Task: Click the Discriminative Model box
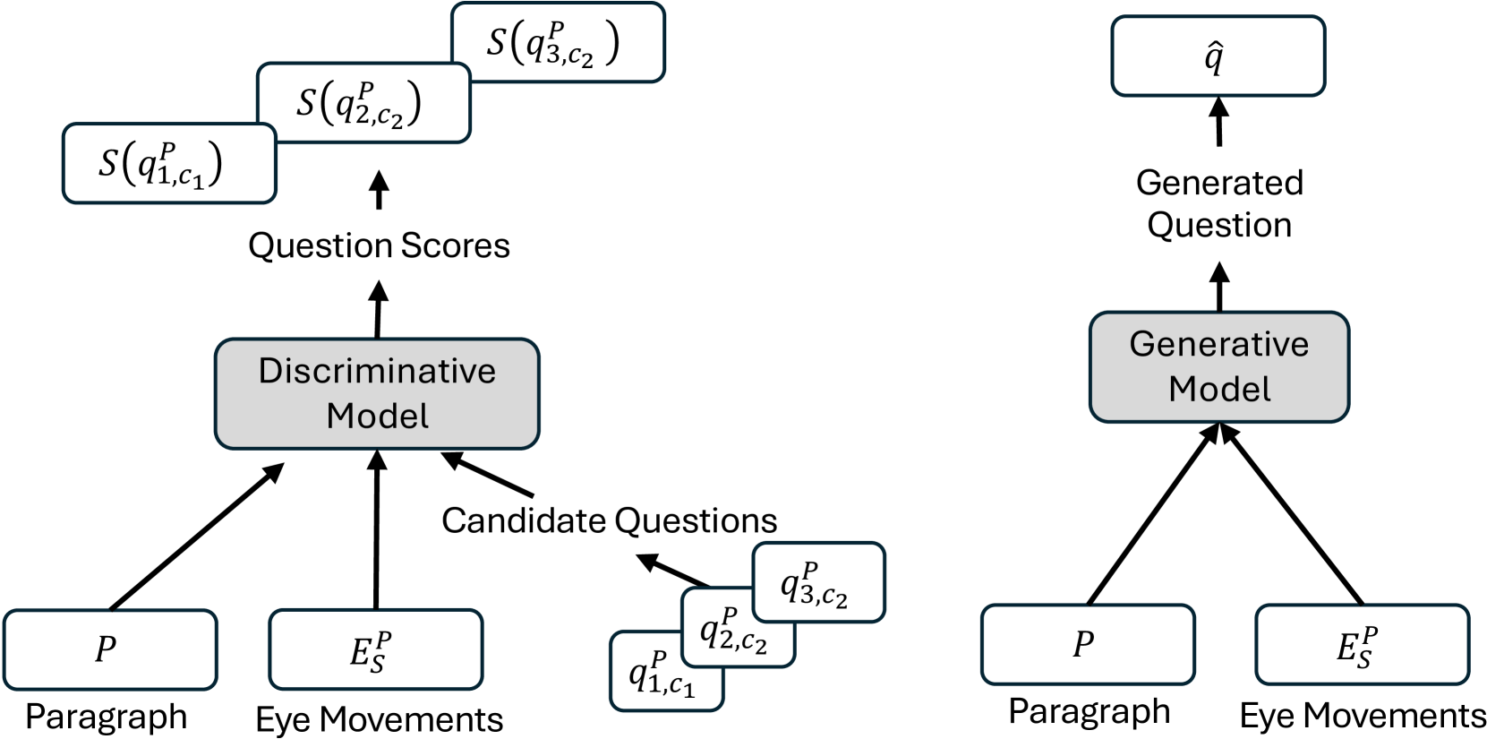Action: pos(377,393)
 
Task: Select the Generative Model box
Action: pos(1218,366)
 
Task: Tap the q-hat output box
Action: pos(1218,56)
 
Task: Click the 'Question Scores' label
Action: pos(379,245)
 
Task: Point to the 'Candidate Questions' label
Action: pos(609,520)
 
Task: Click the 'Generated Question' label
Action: pos(1219,203)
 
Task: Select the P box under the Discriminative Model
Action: pos(109,649)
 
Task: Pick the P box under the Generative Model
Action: pos(1087,644)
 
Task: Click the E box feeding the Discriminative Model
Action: pos(375,649)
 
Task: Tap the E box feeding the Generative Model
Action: pos(1361,644)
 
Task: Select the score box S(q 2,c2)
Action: pos(363,103)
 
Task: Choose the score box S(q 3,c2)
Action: pos(557,43)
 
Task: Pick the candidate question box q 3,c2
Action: pos(818,582)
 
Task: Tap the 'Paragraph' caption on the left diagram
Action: pos(107,717)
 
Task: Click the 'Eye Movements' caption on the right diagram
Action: pos(1363,715)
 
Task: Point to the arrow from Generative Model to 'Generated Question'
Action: pos(1219,287)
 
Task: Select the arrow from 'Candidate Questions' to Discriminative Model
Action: pos(488,475)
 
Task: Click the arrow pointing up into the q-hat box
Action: pos(1218,121)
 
